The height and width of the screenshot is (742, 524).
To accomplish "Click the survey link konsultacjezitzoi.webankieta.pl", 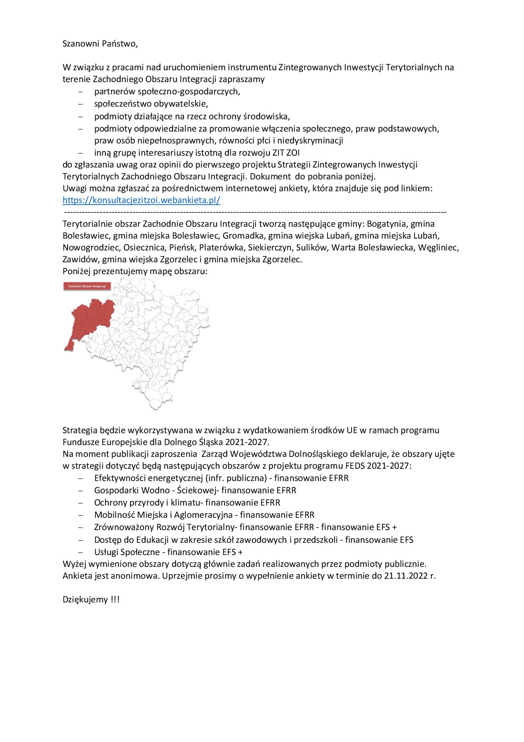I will click(141, 200).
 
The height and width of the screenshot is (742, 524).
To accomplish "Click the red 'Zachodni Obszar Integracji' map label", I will click(87, 286).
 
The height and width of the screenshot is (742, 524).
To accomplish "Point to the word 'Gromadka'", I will click(243, 236).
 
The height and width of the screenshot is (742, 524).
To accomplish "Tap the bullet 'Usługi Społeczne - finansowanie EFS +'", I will click(169, 552).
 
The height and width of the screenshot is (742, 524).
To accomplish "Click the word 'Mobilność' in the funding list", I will click(114, 515).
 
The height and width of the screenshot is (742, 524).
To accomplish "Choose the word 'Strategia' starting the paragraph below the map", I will click(80, 430).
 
